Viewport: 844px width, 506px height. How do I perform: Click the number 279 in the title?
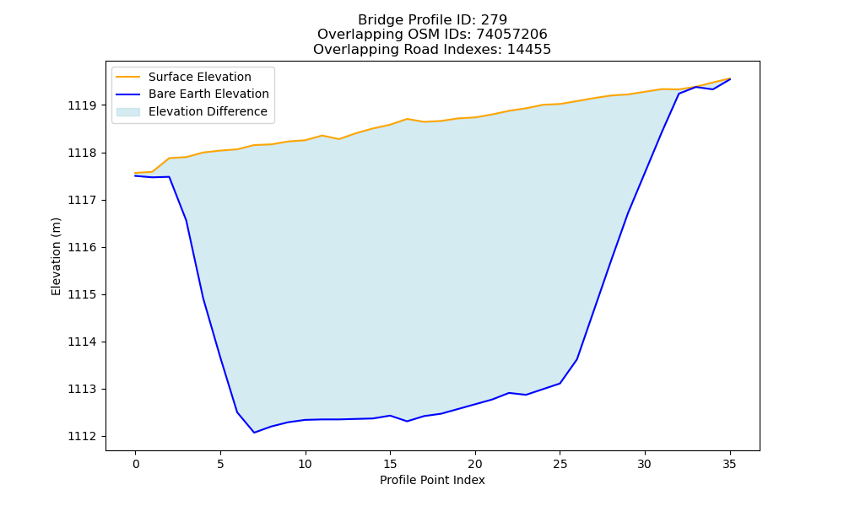coord(494,20)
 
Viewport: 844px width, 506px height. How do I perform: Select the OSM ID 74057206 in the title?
coord(512,35)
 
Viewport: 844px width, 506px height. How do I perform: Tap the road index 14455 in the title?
coord(529,50)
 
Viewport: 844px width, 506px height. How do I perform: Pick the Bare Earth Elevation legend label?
coord(208,94)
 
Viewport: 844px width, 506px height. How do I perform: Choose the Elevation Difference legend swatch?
coord(128,112)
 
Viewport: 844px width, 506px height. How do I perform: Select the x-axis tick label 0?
coord(136,464)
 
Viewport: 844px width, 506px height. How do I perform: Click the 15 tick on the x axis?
coord(390,464)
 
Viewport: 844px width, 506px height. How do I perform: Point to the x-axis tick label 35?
coord(729,464)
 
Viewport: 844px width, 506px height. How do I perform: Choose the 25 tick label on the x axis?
coord(560,464)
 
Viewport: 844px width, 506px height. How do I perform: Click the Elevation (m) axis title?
coord(56,256)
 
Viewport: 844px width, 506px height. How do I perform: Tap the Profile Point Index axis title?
coord(432,480)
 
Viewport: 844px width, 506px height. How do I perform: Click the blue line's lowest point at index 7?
coord(254,433)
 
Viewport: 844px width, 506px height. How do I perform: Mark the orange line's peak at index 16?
coord(407,119)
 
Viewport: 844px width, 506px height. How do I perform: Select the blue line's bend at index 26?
coord(577,359)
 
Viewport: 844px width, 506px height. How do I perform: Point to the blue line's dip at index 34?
coord(712,89)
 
